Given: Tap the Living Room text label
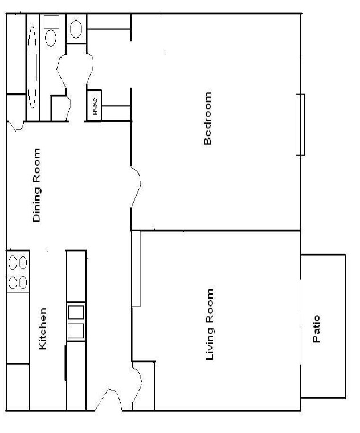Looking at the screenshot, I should click(x=210, y=324).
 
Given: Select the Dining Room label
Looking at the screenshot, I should click(x=37, y=185).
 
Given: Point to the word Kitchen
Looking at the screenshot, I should click(x=42, y=329).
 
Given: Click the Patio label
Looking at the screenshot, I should click(x=317, y=329).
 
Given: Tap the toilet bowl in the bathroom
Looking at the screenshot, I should click(x=51, y=38).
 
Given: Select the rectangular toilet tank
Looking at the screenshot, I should click(x=52, y=22).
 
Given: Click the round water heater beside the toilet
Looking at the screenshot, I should click(x=75, y=28).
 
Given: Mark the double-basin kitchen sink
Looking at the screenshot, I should click(x=76, y=322).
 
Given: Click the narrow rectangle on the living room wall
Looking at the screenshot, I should click(x=136, y=268).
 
